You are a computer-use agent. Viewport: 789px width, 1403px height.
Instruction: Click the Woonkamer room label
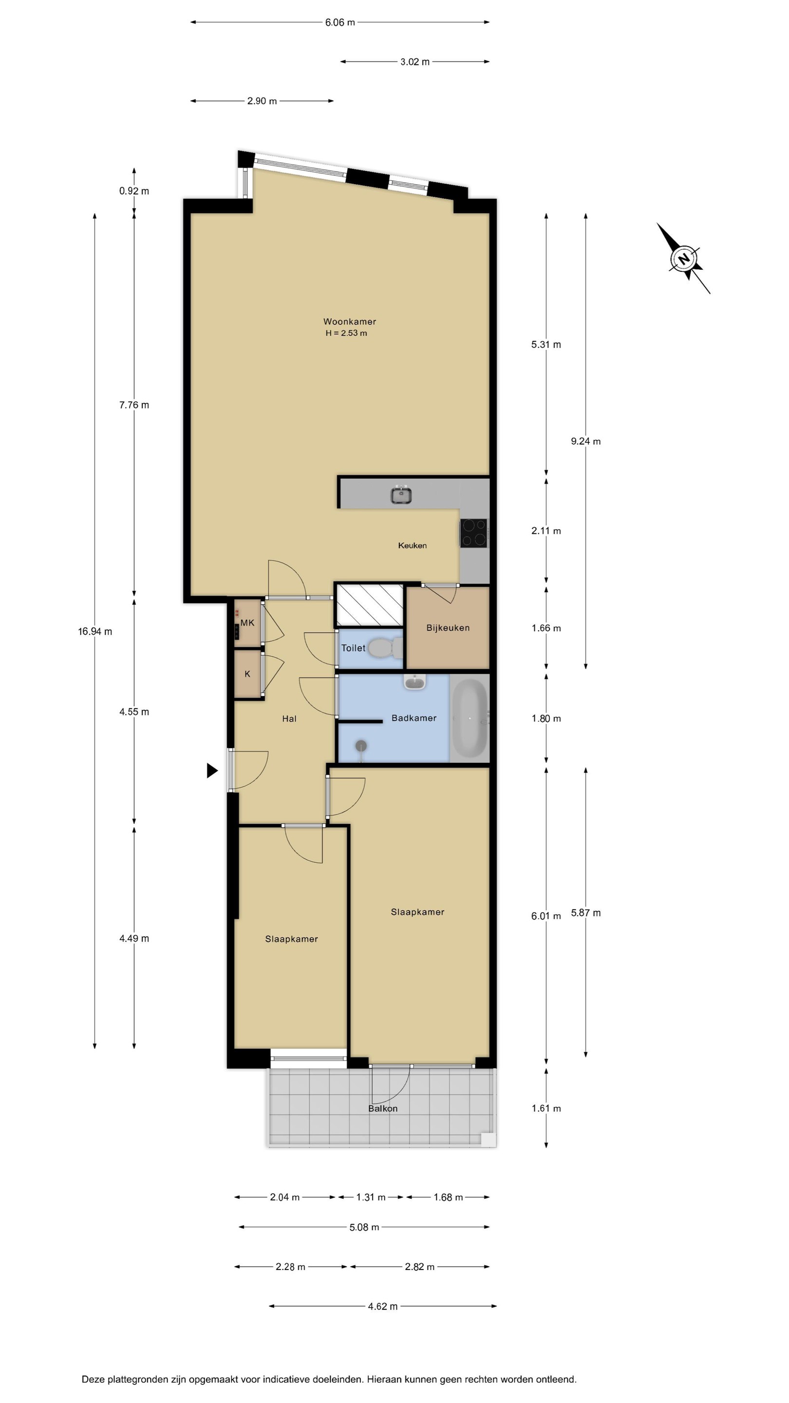[350, 322]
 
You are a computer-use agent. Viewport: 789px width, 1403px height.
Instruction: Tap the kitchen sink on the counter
[401, 494]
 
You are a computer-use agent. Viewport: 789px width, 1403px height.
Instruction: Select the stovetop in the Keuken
[473, 532]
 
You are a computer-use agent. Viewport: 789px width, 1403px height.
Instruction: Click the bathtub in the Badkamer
[470, 718]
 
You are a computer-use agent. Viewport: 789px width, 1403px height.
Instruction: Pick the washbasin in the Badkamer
[415, 682]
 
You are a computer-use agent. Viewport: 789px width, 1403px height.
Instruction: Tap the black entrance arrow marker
[212, 770]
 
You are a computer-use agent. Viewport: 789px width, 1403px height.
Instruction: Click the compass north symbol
[684, 259]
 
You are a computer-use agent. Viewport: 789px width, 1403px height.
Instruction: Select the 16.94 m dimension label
[95, 631]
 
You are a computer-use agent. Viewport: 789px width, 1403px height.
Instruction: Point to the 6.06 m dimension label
[340, 22]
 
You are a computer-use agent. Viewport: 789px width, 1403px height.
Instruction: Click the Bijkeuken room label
[448, 627]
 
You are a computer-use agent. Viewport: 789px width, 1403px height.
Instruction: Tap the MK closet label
[247, 623]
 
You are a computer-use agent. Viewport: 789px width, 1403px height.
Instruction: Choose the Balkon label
[383, 1108]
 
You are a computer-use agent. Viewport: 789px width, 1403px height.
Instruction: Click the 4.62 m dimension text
[383, 1306]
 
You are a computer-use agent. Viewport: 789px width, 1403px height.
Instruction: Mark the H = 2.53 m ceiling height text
[346, 333]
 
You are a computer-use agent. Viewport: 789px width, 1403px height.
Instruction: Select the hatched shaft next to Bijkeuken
[370, 605]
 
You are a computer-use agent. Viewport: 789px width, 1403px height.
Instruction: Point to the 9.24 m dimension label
[586, 441]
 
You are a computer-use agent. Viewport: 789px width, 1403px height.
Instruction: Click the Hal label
[289, 719]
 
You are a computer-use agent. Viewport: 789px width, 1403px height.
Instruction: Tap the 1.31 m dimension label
[371, 1197]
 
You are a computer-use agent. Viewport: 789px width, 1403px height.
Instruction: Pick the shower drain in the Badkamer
[361, 746]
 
